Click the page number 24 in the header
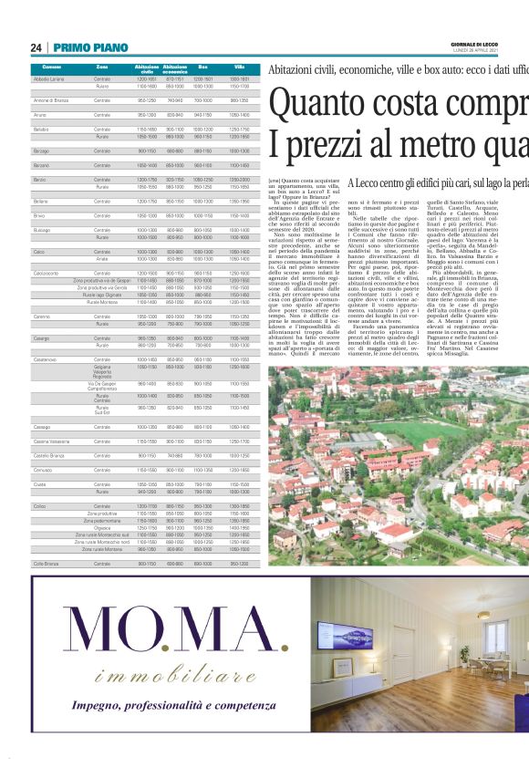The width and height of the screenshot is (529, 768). (x=36, y=47)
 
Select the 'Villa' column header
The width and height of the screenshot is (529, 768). (x=239, y=67)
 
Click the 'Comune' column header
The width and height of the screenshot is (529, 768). (x=51, y=67)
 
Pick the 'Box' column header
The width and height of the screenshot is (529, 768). (x=202, y=67)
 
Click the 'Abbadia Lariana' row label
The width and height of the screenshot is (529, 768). (x=51, y=80)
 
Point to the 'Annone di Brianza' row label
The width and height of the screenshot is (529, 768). (x=52, y=99)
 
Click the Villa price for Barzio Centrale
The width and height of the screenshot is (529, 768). (x=239, y=180)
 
